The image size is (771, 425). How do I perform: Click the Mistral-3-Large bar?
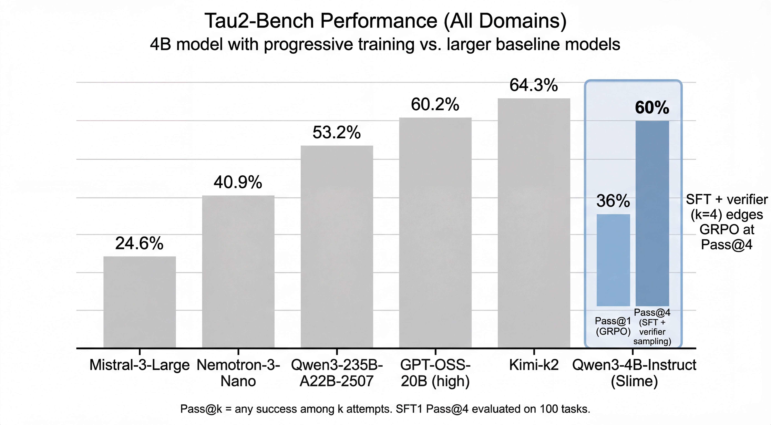pyautogui.click(x=139, y=302)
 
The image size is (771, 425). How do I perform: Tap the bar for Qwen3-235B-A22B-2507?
pyautogui.click(x=337, y=247)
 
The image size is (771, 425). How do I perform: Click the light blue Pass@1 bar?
pyautogui.click(x=613, y=260)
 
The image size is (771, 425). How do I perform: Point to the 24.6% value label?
pyautogui.click(x=139, y=243)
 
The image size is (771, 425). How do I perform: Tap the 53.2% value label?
pyautogui.click(x=337, y=133)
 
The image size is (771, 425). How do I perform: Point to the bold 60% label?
pyautogui.click(x=652, y=108)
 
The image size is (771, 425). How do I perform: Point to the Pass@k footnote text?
pyautogui.click(x=385, y=409)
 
